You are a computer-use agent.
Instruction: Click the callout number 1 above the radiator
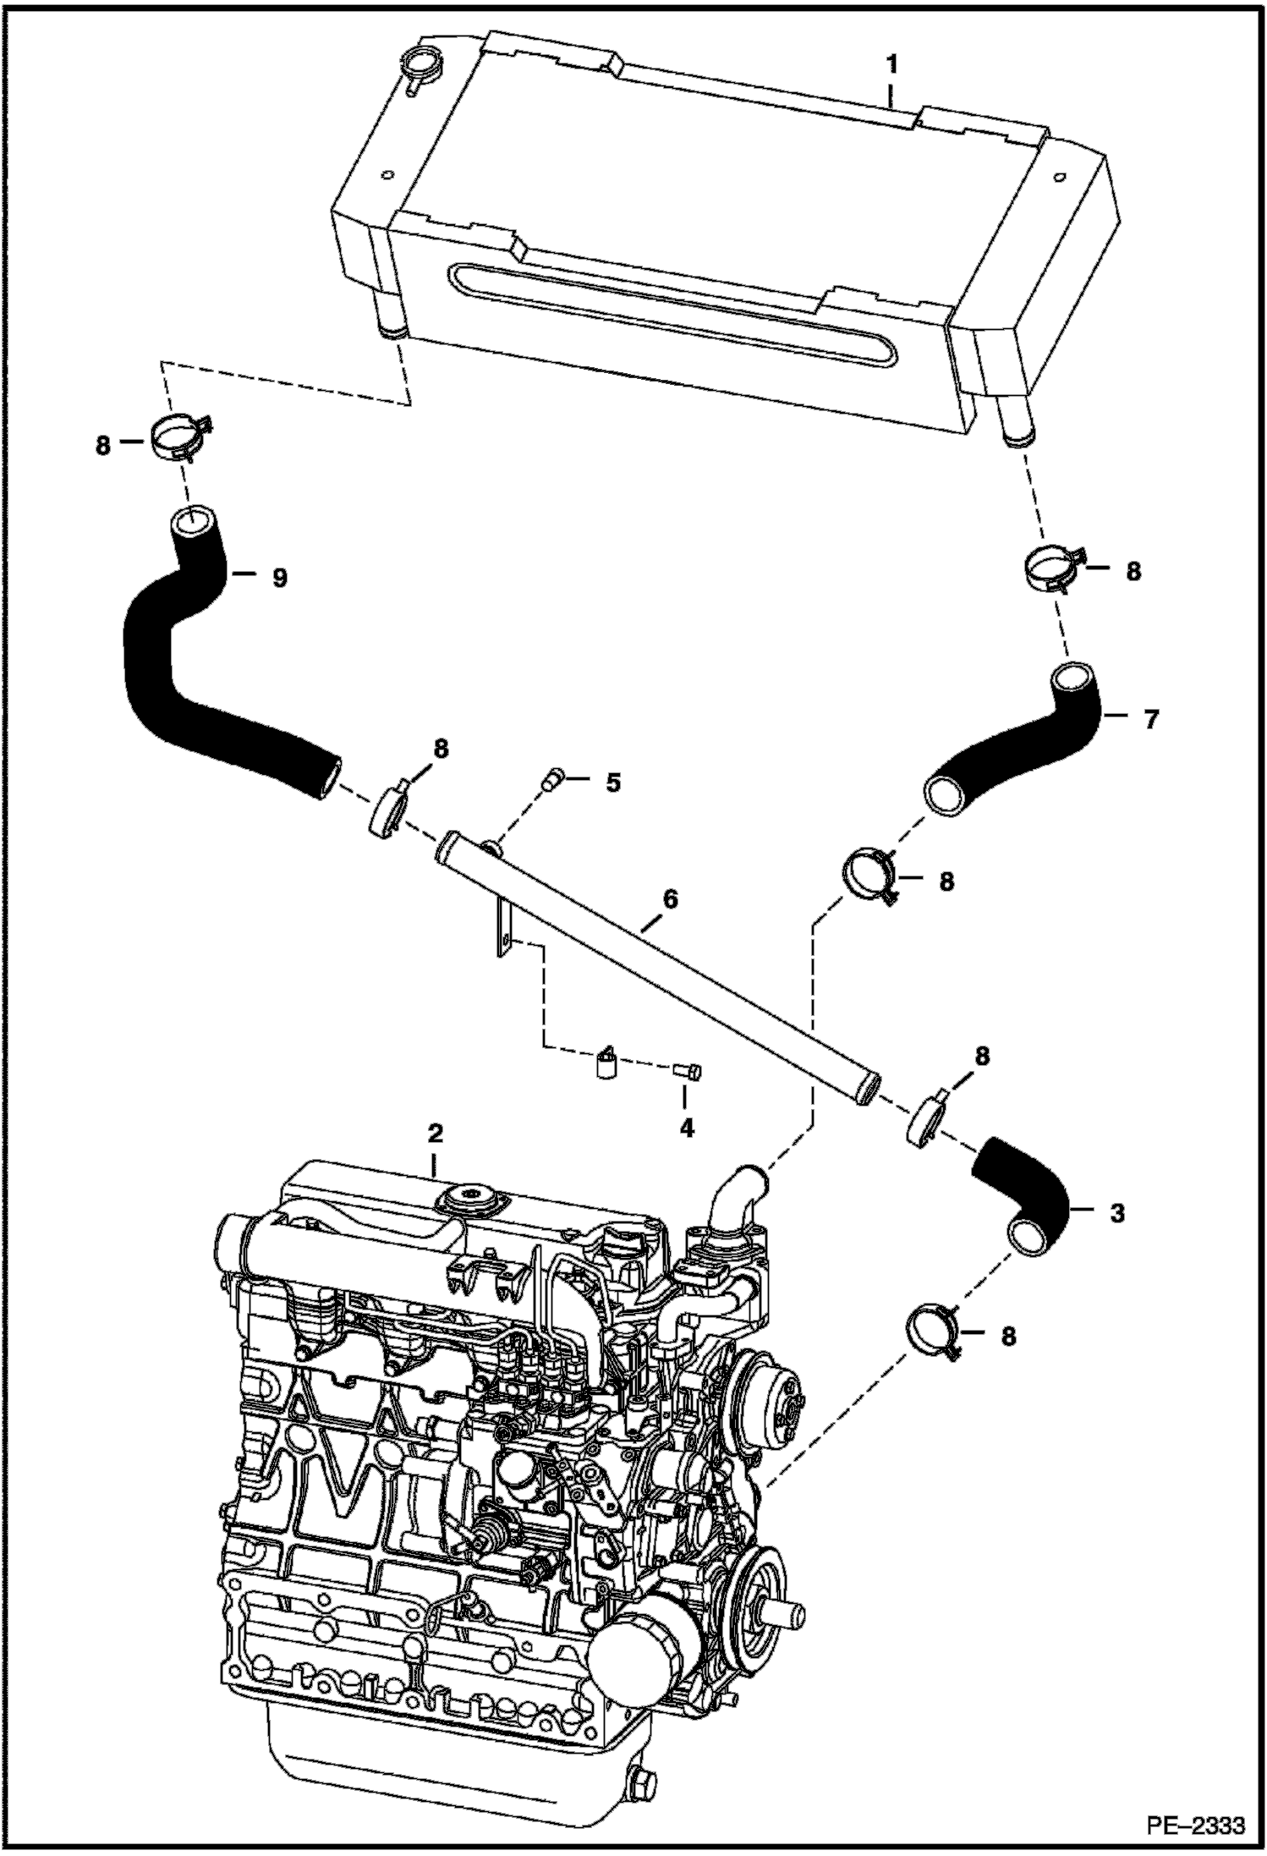tap(891, 64)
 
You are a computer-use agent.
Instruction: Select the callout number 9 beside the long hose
tap(279, 578)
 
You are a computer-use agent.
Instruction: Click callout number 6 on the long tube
tap(669, 899)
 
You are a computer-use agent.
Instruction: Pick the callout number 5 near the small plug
tap(612, 782)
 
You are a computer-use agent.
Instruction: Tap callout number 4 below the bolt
tap(686, 1128)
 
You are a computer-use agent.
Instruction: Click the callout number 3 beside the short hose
tap(1117, 1213)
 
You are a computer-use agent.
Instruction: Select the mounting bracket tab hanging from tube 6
tap(503, 931)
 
